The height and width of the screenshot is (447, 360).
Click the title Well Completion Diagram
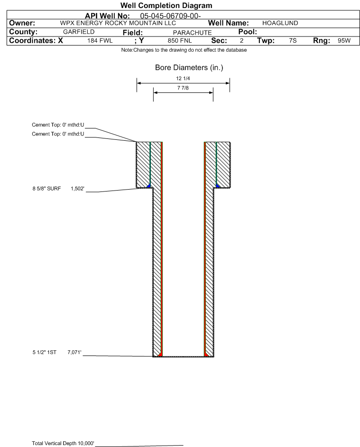tap(166, 5)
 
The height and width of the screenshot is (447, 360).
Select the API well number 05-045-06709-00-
tap(170, 16)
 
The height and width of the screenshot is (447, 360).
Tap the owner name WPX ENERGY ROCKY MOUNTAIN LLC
tap(118, 23)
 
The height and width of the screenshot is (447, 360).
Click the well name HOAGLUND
tap(280, 23)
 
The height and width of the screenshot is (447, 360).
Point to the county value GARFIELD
tap(79, 32)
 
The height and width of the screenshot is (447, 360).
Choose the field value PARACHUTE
tap(192, 33)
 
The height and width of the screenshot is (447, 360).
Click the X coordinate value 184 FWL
tap(100, 41)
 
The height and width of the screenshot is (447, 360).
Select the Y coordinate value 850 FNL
tap(180, 41)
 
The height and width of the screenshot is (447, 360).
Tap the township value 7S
tap(293, 41)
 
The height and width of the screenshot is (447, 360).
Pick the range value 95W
tap(344, 41)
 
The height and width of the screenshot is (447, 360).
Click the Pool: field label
tap(248, 32)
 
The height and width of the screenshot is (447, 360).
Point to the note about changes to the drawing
tap(184, 50)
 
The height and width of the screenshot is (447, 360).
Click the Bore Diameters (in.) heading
tap(189, 68)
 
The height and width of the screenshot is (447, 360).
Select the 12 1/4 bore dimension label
tap(183, 78)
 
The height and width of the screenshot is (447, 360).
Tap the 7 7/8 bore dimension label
tap(183, 88)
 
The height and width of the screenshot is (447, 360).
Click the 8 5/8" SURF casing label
tap(47, 189)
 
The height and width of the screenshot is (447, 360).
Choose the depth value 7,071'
tap(74, 352)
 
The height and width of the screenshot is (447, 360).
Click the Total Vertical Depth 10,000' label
tap(63, 443)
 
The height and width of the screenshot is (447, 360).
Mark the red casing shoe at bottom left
tap(160, 355)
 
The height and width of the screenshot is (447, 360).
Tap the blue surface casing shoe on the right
tap(218, 186)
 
